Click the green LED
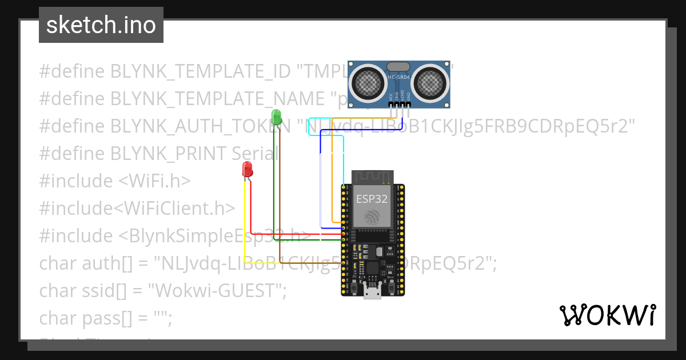277,117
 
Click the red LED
248,169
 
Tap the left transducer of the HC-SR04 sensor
367,82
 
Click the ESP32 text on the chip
372,199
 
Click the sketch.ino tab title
101,26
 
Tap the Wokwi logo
607,315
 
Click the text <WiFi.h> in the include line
154,181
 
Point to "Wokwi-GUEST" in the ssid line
217,290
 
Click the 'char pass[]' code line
106,318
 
